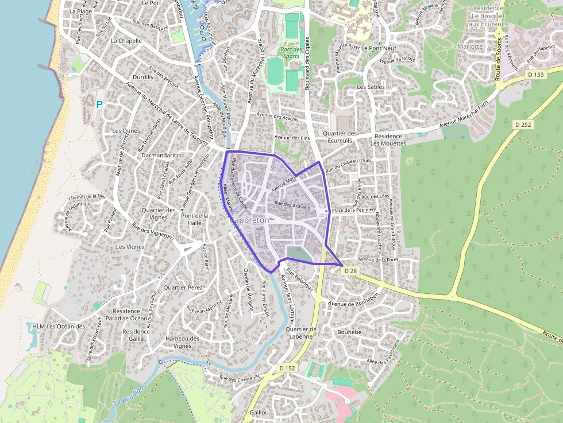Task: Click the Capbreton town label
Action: [x=249, y=220]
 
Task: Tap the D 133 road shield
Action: [x=535, y=75]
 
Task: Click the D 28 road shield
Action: [x=350, y=270]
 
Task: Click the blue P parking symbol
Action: [x=99, y=105]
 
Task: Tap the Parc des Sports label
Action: [x=291, y=53]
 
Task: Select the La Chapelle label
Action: [x=126, y=41]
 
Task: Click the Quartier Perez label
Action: [x=183, y=287]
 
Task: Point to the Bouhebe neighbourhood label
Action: [x=349, y=332]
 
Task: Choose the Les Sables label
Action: [x=371, y=87]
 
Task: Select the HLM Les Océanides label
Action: [x=59, y=327]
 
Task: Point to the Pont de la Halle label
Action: [x=191, y=219]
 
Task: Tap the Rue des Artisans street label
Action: [x=292, y=205]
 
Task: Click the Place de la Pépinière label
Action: [x=354, y=210]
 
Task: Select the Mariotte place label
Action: [x=470, y=46]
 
